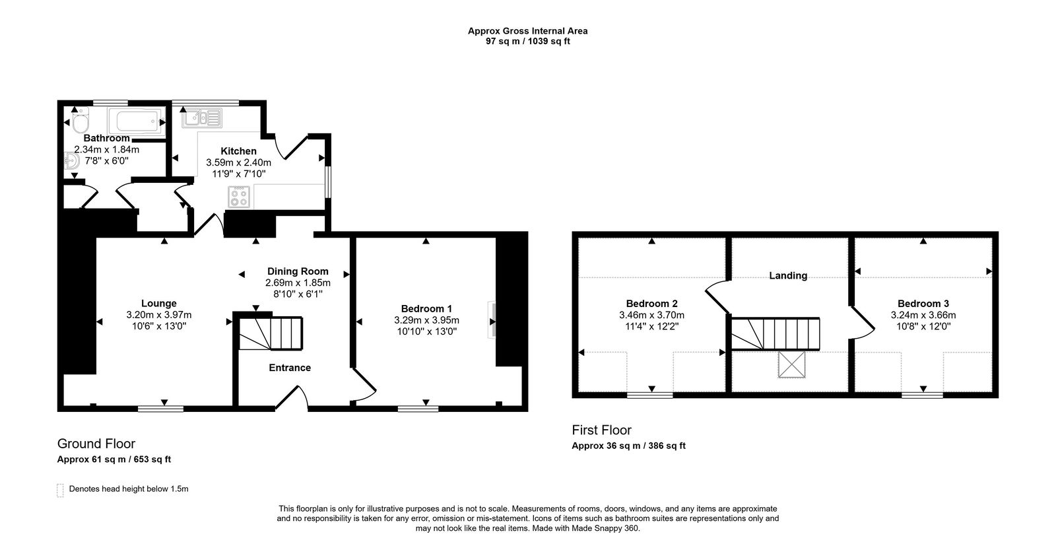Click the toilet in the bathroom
tap(80, 123)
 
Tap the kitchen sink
tap(201, 118)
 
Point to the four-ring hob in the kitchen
tap(239, 197)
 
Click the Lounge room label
tap(158, 304)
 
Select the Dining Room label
tap(298, 271)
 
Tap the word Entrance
tap(290, 368)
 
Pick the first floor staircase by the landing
tap(775, 333)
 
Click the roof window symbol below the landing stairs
tap(791, 365)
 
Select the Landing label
tap(788, 276)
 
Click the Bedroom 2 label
tap(651, 304)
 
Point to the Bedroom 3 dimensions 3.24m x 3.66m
tap(923, 315)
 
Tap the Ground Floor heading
tap(96, 444)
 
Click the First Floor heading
tap(602, 430)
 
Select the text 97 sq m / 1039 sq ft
tap(527, 41)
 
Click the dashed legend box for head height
tap(61, 490)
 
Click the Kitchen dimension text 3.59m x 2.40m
tap(238, 162)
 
